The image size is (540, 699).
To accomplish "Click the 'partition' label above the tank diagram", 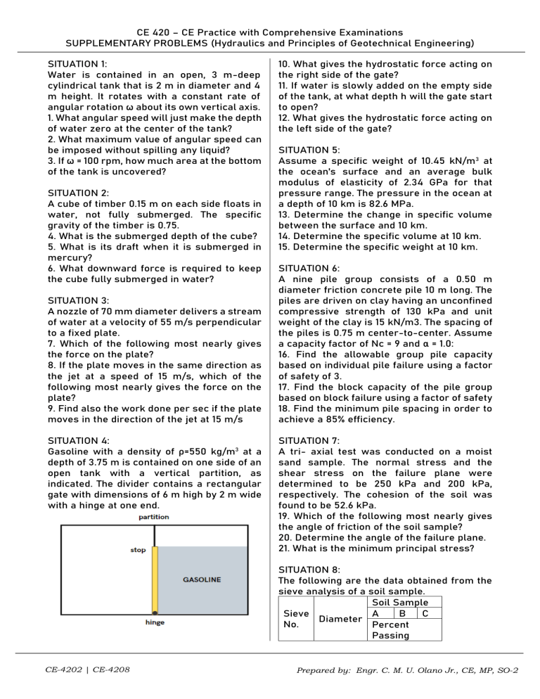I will pyautogui.click(x=154, y=517).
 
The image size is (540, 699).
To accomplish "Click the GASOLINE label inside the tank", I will pyautogui.click(x=202, y=580).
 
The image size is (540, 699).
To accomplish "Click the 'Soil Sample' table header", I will pyautogui.click(x=403, y=603).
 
